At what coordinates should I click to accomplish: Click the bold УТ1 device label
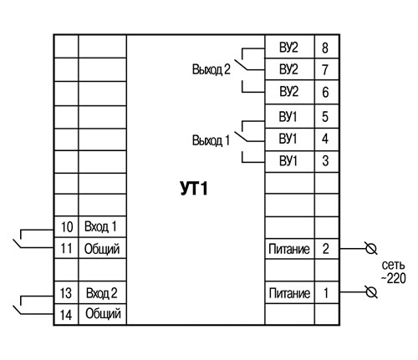pyautogui.click(x=194, y=189)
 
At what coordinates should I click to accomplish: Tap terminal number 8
pyautogui.click(x=325, y=48)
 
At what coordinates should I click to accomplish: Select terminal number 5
pyautogui.click(x=325, y=117)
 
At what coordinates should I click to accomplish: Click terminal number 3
pyautogui.click(x=325, y=160)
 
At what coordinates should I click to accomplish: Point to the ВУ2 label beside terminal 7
pyautogui.click(x=288, y=69)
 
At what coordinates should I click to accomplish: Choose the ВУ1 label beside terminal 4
pyautogui.click(x=288, y=139)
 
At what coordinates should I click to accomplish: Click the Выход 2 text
pyautogui.click(x=212, y=69)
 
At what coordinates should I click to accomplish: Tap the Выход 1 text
pyautogui.click(x=211, y=140)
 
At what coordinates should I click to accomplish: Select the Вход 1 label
pyautogui.click(x=100, y=226)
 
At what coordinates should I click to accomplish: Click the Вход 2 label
pyautogui.click(x=102, y=293)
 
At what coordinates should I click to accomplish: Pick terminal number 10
pyautogui.click(x=67, y=227)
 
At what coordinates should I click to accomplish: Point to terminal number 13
pyautogui.click(x=66, y=293)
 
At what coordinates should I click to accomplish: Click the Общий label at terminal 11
pyautogui.click(x=102, y=249)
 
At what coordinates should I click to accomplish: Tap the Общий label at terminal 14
pyautogui.click(x=103, y=314)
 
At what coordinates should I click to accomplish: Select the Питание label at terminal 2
pyautogui.click(x=289, y=249)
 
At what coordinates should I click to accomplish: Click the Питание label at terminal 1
pyautogui.click(x=289, y=293)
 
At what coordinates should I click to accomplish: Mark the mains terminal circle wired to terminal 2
pyautogui.click(x=371, y=248)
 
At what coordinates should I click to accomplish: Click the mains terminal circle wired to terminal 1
pyautogui.click(x=371, y=292)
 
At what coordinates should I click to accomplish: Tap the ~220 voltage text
pyautogui.click(x=393, y=278)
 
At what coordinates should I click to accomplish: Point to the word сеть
pyautogui.click(x=393, y=265)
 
